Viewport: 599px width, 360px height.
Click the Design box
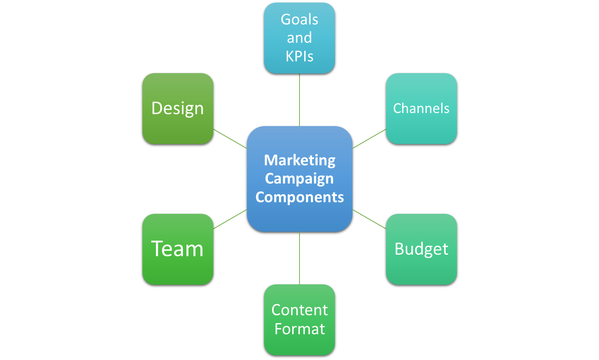pyautogui.click(x=178, y=109)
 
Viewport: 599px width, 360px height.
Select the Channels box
pyautogui.click(x=421, y=109)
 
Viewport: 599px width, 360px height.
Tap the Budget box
pyautogui.click(x=421, y=249)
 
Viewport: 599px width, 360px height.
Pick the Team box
pyautogui.click(x=178, y=249)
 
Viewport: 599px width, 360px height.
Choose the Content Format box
pyautogui.click(x=299, y=319)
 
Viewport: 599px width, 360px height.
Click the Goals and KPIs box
pyautogui.click(x=299, y=38)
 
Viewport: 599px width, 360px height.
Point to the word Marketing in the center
pyautogui.click(x=299, y=160)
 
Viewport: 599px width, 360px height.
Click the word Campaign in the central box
pyautogui.click(x=299, y=179)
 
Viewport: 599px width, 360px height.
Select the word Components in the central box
pyautogui.click(x=299, y=197)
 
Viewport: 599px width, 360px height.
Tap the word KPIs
pyautogui.click(x=299, y=56)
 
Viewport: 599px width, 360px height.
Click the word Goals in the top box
pyautogui.click(x=299, y=19)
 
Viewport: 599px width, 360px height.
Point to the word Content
pyautogui.click(x=299, y=310)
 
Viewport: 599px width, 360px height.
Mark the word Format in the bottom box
pyautogui.click(x=299, y=329)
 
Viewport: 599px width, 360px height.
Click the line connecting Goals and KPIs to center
pyautogui.click(x=299, y=100)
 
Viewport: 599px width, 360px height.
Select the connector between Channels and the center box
pyautogui.click(x=369, y=139)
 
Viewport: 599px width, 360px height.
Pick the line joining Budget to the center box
pyautogui.click(x=369, y=219)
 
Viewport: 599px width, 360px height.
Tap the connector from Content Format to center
pyautogui.click(x=299, y=258)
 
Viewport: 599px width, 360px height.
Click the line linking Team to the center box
pyautogui.click(x=230, y=219)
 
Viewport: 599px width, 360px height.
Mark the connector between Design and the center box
pyautogui.click(x=230, y=139)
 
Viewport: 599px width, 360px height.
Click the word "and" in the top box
pyautogui.click(x=299, y=38)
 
